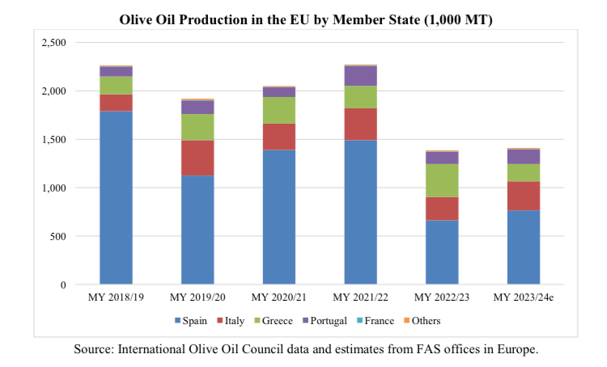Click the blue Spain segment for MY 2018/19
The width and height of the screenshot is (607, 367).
117,197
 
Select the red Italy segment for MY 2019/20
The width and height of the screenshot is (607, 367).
198,158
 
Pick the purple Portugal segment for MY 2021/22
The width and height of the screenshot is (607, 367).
361,76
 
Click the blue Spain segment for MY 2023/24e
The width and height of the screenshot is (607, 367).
524,247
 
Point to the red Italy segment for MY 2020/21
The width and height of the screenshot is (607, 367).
280,137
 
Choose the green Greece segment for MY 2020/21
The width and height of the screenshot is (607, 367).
280,110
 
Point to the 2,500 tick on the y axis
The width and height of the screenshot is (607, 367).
55,42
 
